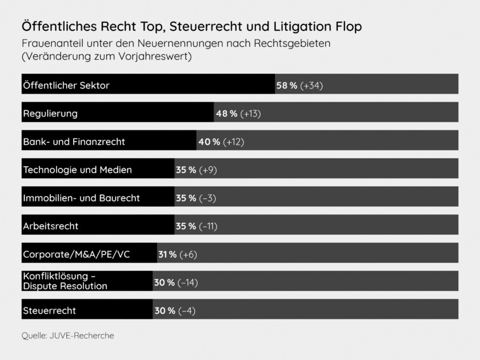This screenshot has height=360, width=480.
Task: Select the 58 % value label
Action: (x=286, y=85)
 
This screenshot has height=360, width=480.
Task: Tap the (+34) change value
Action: (x=312, y=85)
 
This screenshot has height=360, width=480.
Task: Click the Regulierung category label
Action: (x=50, y=113)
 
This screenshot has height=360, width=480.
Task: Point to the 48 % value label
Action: (x=226, y=113)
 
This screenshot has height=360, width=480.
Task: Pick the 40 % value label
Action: (x=209, y=141)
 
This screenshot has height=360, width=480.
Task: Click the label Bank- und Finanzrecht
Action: (x=74, y=141)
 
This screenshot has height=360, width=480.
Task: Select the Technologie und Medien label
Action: (x=77, y=169)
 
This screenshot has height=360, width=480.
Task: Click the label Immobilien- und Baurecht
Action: (x=81, y=198)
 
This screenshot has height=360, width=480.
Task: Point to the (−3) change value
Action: (x=207, y=198)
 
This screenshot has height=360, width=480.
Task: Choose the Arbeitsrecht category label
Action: (x=50, y=226)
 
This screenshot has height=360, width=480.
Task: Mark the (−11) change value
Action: (x=208, y=226)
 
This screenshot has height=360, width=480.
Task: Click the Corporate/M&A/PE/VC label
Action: (x=76, y=254)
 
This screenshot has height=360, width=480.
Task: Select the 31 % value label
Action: (x=167, y=254)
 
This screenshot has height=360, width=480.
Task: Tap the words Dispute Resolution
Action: (x=65, y=286)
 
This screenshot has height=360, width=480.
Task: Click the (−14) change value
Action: (x=188, y=282)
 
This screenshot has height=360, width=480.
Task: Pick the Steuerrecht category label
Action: (x=49, y=311)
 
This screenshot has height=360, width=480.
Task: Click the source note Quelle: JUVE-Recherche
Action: (x=67, y=335)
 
